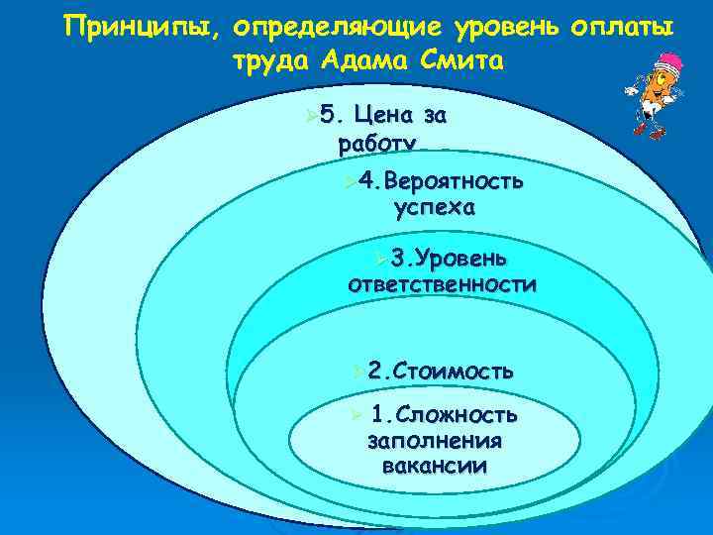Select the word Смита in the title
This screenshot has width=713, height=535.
tap(466, 61)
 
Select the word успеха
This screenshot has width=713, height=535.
tap(434, 208)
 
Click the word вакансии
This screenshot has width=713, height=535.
tap(434, 466)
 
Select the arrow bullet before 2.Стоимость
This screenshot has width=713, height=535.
tap(356, 373)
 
